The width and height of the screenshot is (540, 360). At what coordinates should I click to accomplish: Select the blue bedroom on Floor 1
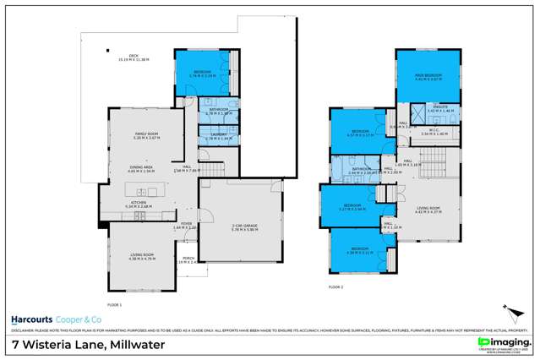(x=199, y=74)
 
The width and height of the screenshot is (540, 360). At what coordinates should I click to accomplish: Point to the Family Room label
(x=147, y=136)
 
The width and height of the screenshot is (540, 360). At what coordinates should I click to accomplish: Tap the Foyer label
(x=183, y=226)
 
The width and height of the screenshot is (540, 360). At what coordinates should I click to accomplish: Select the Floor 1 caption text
(x=114, y=303)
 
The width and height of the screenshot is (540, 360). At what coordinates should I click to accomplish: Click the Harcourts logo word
(x=31, y=319)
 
